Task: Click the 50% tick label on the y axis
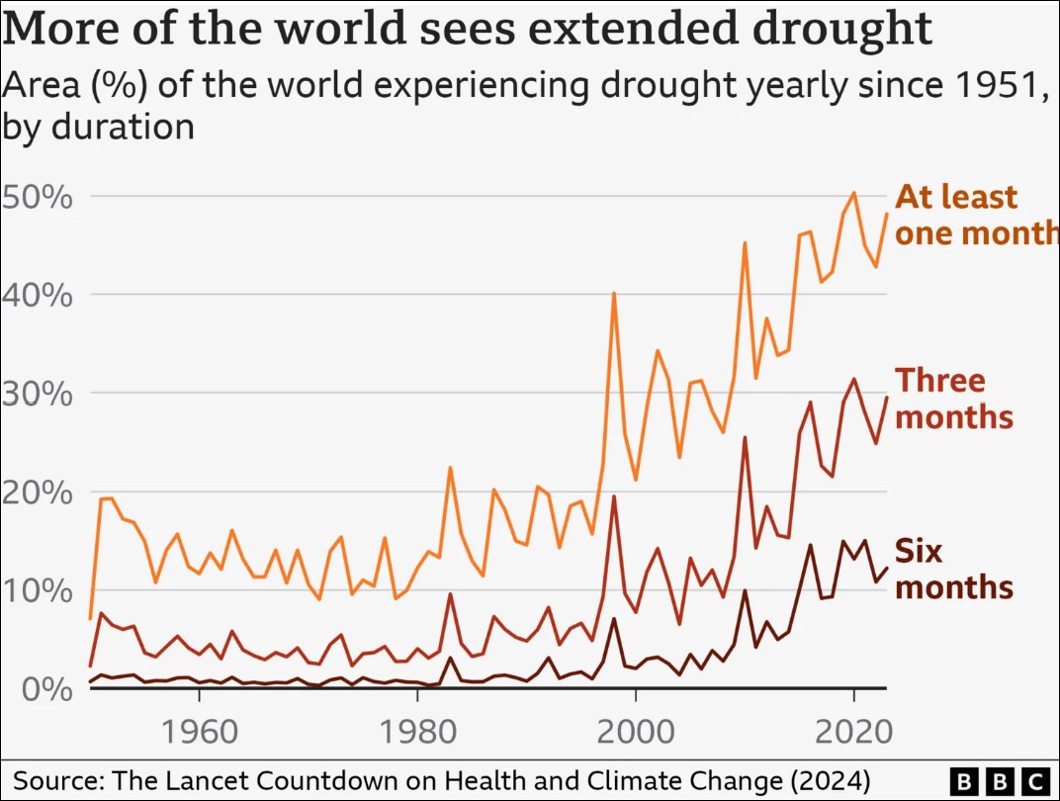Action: (38, 197)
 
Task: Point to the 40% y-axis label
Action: (38, 295)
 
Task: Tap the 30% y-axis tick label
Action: (38, 394)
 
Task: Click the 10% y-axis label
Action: (38, 590)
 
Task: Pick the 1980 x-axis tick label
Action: (417, 733)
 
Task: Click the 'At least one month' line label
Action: (975, 215)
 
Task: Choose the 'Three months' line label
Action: (954, 399)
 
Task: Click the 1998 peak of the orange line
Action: (614, 294)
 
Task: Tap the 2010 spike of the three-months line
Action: (745, 437)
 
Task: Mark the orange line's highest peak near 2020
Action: (854, 193)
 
